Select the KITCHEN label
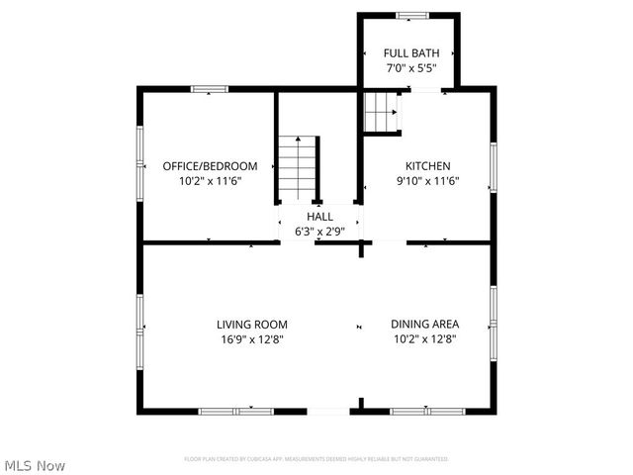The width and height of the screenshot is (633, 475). [427, 165]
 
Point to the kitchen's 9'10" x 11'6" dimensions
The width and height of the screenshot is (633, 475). [427, 182]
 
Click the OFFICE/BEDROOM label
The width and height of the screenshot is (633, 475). [210, 165]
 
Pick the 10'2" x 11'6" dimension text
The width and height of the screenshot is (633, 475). [210, 182]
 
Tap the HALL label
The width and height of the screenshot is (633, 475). [319, 216]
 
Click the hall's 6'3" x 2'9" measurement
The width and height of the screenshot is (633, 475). [319, 231]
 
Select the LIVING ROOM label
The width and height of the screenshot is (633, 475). [252, 324]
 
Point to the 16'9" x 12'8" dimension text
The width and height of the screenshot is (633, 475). [252, 338]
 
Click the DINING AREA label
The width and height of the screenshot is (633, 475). [424, 324]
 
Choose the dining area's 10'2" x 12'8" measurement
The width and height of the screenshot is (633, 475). [424, 338]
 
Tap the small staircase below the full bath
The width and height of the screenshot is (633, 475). [381, 111]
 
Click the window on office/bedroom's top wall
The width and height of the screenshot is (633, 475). [210, 89]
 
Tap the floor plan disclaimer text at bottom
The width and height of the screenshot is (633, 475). [316, 459]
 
